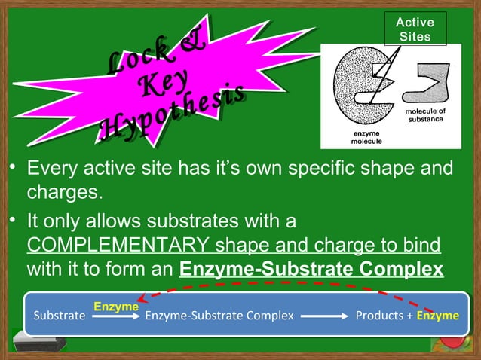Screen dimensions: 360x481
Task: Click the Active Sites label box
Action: click(x=415, y=29)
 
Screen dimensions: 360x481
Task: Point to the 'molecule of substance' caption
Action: click(x=426, y=116)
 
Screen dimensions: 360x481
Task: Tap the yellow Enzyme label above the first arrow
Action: click(x=116, y=307)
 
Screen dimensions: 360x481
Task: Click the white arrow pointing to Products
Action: click(x=326, y=316)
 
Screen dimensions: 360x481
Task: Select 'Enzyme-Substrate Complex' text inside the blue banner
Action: click(x=219, y=316)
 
